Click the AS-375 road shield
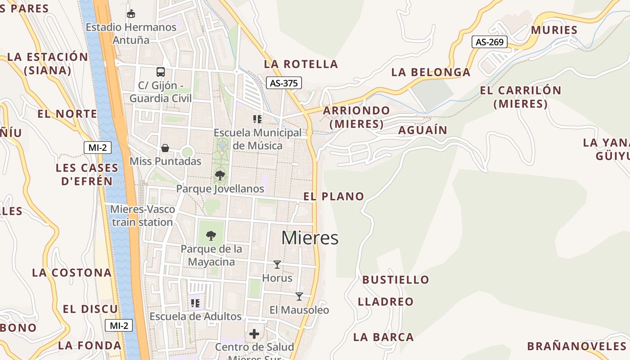[283, 83]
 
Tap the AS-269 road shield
[490, 42]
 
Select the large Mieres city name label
[310, 238]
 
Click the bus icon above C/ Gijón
[160, 72]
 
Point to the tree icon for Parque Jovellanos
[220, 175]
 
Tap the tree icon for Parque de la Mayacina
[211, 235]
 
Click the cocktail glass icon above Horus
[277, 265]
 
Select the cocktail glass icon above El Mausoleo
[299, 296]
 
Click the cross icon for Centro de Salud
[254, 334]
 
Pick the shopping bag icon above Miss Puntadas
[165, 148]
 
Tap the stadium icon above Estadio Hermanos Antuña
[131, 13]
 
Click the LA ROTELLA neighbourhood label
[301, 64]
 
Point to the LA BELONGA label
[431, 72]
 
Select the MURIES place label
[554, 30]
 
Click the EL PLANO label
[333, 196]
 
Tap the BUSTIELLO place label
[396, 279]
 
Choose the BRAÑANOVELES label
[576, 346]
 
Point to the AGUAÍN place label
[423, 130]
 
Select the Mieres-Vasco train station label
[142, 216]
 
